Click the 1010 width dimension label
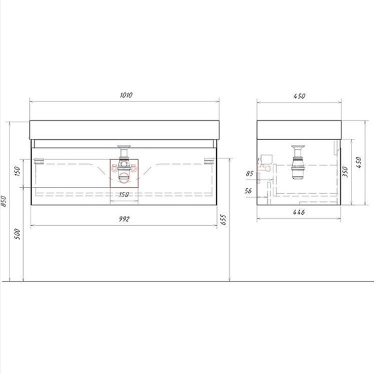pyautogui.click(x=126, y=95)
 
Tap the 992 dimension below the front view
pyautogui.click(x=124, y=219)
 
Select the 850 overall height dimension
pyautogui.click(x=3, y=201)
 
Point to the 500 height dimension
pyautogui.click(x=17, y=234)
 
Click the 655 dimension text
pyautogui.click(x=223, y=220)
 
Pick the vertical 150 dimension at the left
pyautogui.click(x=17, y=171)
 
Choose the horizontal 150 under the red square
pyautogui.click(x=124, y=195)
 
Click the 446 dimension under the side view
pyautogui.click(x=299, y=212)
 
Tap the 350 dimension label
pyautogui.click(x=345, y=172)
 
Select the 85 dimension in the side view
pyautogui.click(x=250, y=173)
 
